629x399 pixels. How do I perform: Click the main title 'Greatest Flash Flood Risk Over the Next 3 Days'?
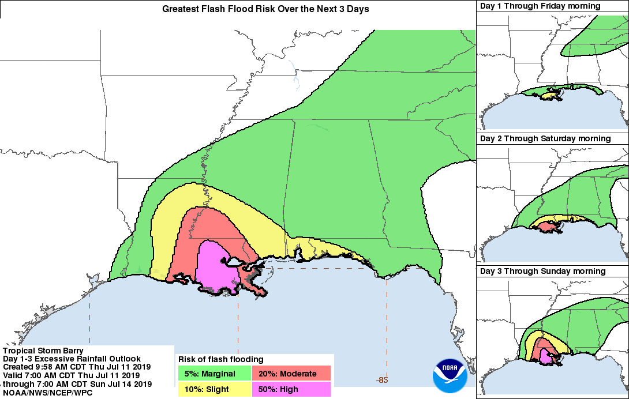click(x=265, y=9)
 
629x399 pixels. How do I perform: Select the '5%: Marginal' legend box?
click(x=214, y=374)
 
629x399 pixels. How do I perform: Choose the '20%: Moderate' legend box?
click(x=291, y=374)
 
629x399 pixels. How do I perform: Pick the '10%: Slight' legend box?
click(x=214, y=389)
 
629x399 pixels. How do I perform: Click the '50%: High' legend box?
click(x=291, y=389)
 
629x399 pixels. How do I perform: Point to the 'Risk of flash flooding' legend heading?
click(x=221, y=359)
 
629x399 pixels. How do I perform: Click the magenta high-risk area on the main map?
click(x=216, y=265)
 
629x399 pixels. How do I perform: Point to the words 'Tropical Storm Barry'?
click(x=43, y=351)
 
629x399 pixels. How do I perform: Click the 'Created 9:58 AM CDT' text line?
click(x=76, y=367)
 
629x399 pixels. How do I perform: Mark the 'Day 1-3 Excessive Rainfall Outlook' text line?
click(x=72, y=359)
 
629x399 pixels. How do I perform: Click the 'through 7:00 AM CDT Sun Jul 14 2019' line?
click(x=77, y=384)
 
